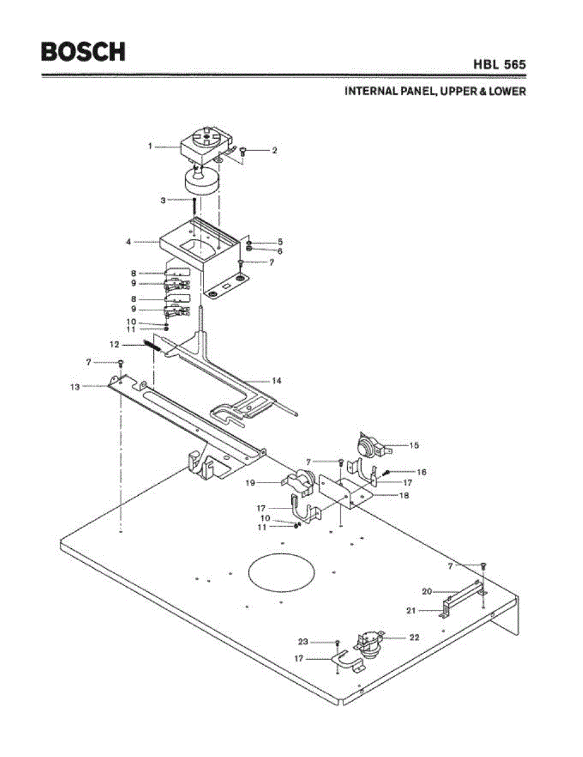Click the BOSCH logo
click(x=83, y=51)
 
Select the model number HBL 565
click(x=500, y=64)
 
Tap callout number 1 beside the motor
click(x=150, y=146)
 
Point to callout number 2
click(x=275, y=151)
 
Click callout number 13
click(x=75, y=387)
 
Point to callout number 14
click(x=276, y=381)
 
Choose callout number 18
click(x=404, y=495)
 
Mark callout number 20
click(x=427, y=591)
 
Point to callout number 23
click(x=303, y=642)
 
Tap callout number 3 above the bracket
click(x=163, y=200)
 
